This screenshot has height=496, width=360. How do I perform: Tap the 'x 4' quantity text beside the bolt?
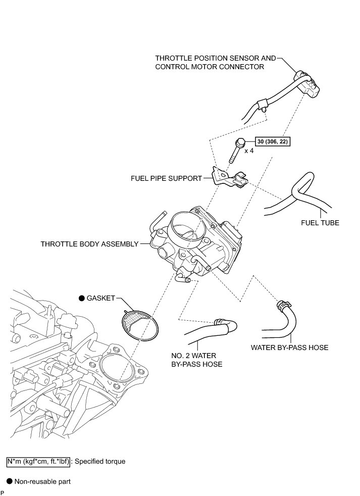[x=249, y=151]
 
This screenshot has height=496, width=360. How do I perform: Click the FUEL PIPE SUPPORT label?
[x=166, y=178]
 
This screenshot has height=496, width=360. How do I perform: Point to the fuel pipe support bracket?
[x=227, y=178]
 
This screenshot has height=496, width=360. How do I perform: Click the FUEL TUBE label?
[x=320, y=222]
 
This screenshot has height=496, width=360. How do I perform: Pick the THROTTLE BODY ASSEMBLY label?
[x=90, y=244]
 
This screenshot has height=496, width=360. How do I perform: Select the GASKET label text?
[x=100, y=299]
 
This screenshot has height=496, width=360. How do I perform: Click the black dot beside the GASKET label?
[x=81, y=299]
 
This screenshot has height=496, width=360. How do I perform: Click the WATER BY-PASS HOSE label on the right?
[x=289, y=348]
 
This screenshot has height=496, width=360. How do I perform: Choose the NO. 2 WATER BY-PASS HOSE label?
[x=197, y=360]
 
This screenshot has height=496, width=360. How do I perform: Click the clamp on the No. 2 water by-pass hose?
[x=219, y=321]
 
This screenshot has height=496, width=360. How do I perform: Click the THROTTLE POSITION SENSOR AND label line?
[x=216, y=58]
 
